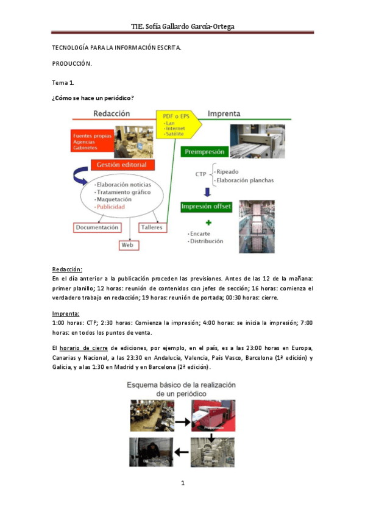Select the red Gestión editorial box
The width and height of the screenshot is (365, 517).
pyautogui.click(x=122, y=165)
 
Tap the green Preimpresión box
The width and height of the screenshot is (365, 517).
pyautogui.click(x=204, y=152)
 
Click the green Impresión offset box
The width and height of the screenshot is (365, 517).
pyautogui.click(x=206, y=207)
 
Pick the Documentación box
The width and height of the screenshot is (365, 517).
pyautogui.click(x=96, y=227)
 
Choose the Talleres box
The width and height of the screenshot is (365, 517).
pyautogui.click(x=152, y=227)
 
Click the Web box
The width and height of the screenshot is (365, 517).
pyautogui.click(x=129, y=244)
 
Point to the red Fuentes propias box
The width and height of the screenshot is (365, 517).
pyautogui.click(x=91, y=141)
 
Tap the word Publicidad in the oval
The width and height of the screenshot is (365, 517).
pyautogui.click(x=110, y=207)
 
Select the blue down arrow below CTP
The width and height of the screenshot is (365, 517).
pyautogui.click(x=207, y=192)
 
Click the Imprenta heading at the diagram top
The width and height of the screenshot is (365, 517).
pyautogui.click(x=224, y=114)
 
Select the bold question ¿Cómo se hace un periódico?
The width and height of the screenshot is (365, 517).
pyautogui.click(x=93, y=98)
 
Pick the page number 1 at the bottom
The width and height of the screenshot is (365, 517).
pyautogui.click(x=182, y=483)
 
